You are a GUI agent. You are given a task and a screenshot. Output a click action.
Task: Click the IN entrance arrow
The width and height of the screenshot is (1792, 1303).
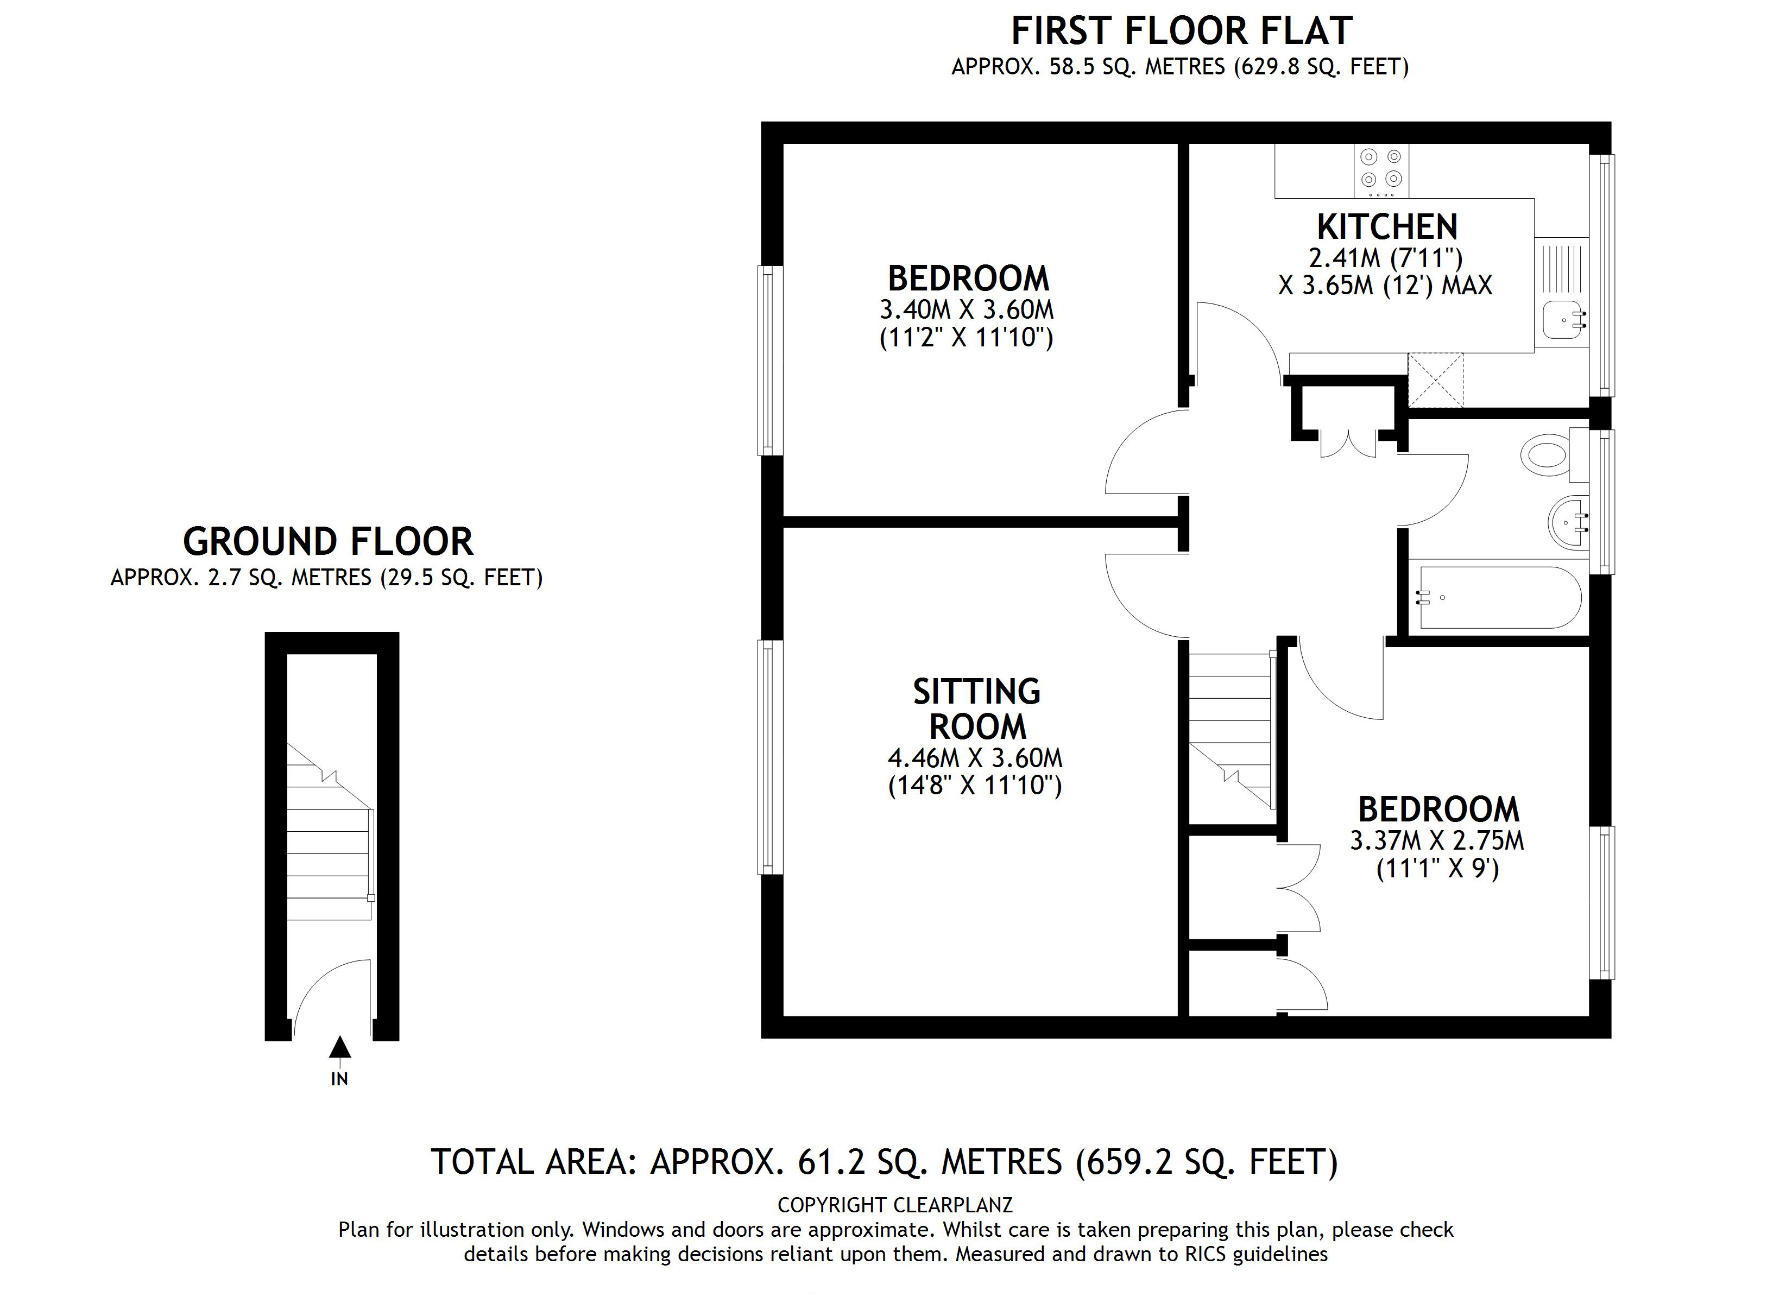(x=340, y=1048)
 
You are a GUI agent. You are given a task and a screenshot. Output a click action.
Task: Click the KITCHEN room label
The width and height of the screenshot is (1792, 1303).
(x=1387, y=227)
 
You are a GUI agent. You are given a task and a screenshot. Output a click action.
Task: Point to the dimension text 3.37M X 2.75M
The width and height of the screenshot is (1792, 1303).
(x=1436, y=840)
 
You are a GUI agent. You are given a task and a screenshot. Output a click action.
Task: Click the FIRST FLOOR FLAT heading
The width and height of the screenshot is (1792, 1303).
(x=1181, y=31)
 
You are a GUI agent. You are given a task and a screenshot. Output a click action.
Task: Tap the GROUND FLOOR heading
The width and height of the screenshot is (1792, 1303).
(x=328, y=542)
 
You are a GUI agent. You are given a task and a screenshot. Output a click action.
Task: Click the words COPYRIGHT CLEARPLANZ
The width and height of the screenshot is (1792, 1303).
(x=894, y=1205)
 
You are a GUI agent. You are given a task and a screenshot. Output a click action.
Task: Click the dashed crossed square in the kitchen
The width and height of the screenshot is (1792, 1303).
(x=1436, y=381)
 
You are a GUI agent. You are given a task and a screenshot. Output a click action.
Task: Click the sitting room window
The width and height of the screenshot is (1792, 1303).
(x=769, y=757)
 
